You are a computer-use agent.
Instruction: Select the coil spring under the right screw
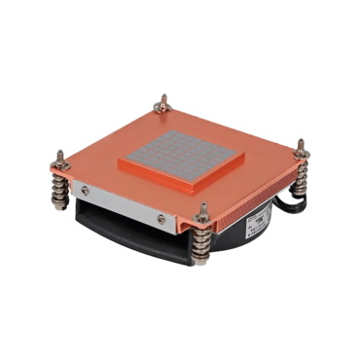(x=301, y=175)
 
